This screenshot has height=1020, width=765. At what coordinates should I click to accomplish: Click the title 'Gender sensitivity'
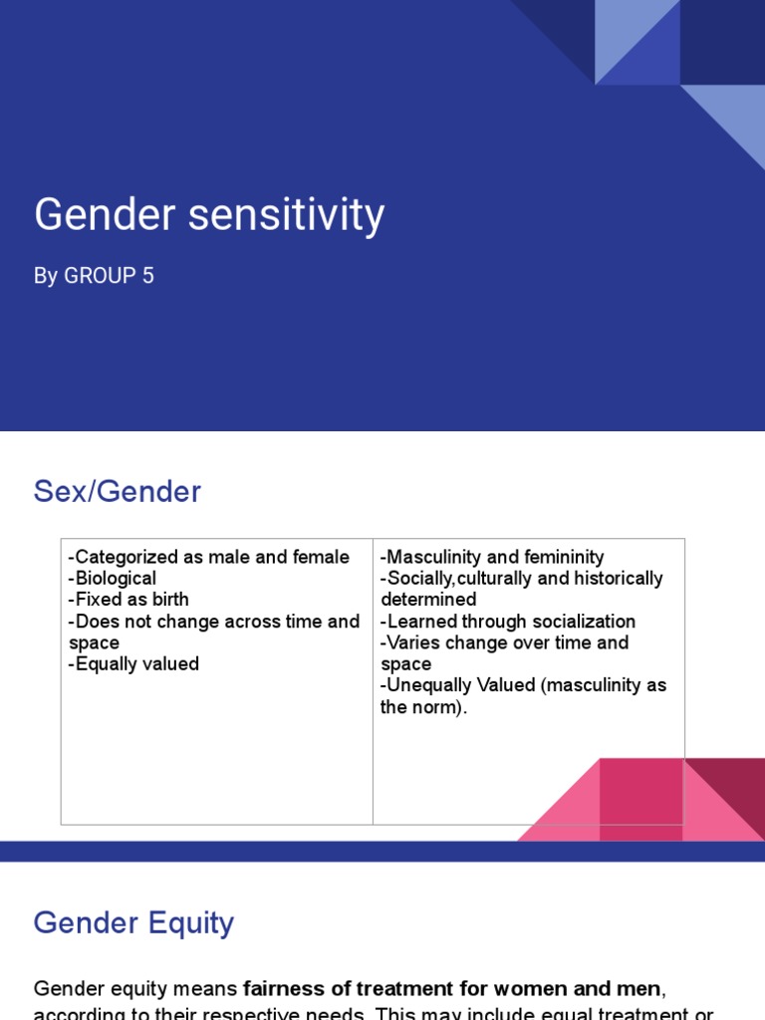209,215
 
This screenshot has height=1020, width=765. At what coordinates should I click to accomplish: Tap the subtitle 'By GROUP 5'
94,276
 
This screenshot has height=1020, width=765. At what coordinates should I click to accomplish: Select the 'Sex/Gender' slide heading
118,491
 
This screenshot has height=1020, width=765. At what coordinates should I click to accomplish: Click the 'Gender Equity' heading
133,922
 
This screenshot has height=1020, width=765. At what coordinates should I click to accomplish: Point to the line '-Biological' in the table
113,579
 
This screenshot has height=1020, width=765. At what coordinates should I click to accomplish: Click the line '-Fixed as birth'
128,600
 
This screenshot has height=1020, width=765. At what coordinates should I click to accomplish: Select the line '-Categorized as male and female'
209,557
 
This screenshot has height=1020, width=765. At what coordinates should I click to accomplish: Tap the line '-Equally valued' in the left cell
133,664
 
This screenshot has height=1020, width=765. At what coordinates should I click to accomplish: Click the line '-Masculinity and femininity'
492,557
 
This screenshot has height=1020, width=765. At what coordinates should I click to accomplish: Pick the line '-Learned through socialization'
508,622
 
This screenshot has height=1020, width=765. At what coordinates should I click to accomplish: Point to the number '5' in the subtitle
148,276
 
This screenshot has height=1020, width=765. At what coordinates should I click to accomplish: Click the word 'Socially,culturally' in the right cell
469,579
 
